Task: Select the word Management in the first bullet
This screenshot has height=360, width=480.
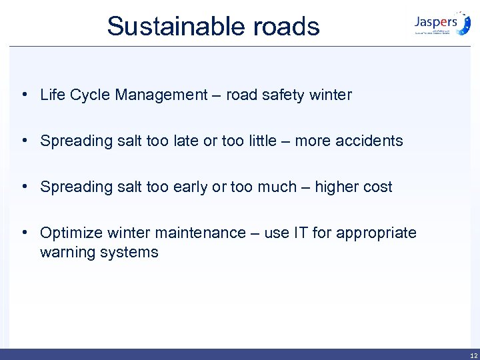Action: point(161,95)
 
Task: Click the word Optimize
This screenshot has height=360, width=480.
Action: point(69,233)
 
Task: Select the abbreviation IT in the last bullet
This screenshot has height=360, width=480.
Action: point(300,233)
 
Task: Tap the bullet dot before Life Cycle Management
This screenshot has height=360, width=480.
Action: point(24,95)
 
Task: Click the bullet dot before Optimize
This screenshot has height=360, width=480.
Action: point(24,233)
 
